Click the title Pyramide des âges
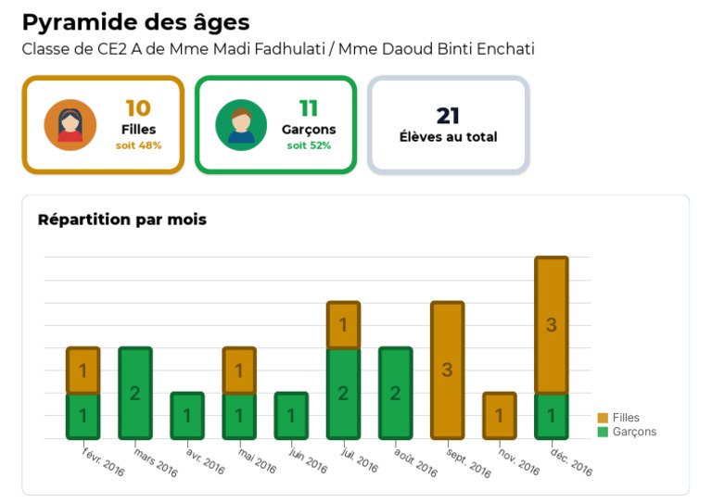(135, 22)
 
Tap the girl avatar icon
(70, 125)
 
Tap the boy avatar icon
(241, 125)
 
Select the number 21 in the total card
(448, 116)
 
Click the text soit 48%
(138, 145)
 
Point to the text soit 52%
(309, 145)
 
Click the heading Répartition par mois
(121, 220)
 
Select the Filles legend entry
(618, 418)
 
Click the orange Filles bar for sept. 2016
(447, 370)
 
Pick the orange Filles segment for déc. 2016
(551, 325)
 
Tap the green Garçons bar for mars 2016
(134, 393)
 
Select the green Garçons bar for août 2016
(395, 393)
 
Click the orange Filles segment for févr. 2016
(83, 371)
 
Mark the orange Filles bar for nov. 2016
(499, 415)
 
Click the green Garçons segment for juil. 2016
(343, 393)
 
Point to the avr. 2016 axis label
(206, 459)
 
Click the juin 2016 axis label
(309, 459)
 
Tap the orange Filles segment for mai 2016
(238, 371)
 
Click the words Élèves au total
(448, 137)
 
